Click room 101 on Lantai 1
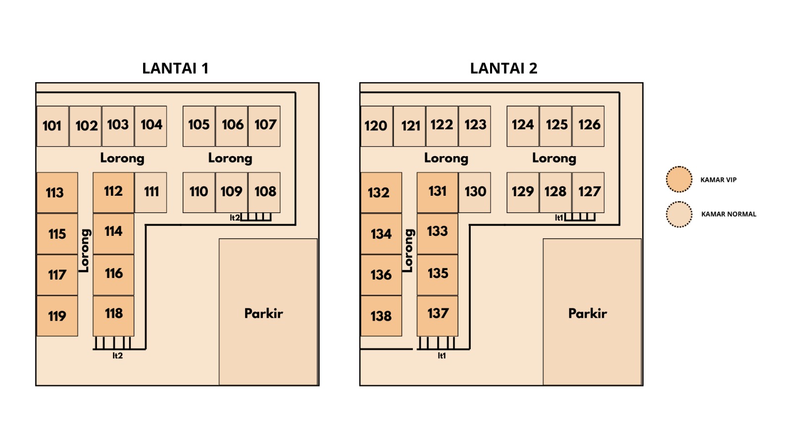[x=52, y=126]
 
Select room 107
[x=264, y=126]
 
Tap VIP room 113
[x=57, y=193]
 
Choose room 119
[x=57, y=316]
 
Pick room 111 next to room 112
[x=151, y=192]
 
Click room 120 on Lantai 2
[x=376, y=126]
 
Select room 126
[x=588, y=126]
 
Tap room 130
[x=475, y=192]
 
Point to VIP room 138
[x=381, y=316]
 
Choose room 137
[x=438, y=315]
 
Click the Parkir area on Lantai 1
[x=268, y=312]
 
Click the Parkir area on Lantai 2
[x=592, y=312]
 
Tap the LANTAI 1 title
[x=175, y=68]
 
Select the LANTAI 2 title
[x=503, y=68]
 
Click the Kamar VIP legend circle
[x=679, y=179]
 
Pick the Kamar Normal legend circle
[x=679, y=214]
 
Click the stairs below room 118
[x=113, y=342]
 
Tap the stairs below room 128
[x=580, y=217]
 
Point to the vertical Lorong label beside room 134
[x=409, y=250]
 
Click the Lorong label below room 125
[x=554, y=159]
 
